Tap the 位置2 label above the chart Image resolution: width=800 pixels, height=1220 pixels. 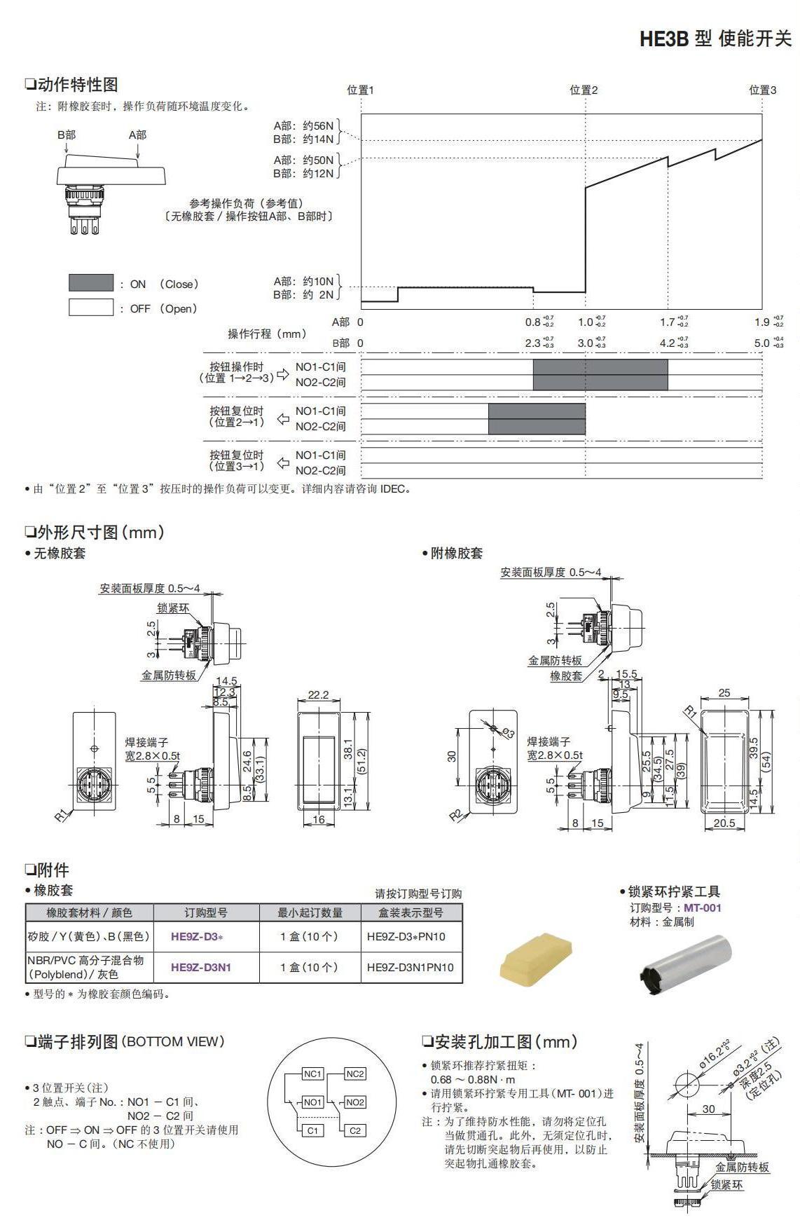click(584, 90)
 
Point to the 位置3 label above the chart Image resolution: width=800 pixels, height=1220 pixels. click(762, 90)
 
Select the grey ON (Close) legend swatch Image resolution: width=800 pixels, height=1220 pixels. click(90, 283)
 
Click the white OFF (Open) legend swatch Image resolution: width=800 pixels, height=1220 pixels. click(90, 308)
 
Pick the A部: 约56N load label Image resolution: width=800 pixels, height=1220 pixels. click(303, 126)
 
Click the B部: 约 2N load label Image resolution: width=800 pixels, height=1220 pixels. click(303, 295)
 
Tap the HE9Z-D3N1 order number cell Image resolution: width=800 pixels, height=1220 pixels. click(200, 967)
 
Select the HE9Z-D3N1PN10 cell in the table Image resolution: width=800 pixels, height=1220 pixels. click(411, 967)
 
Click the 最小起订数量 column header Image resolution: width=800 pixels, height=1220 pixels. click(310, 912)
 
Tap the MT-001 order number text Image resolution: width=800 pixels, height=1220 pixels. click(702, 907)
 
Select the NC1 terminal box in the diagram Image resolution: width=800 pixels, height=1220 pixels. click(312, 1074)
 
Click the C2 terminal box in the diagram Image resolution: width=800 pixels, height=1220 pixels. click(355, 1130)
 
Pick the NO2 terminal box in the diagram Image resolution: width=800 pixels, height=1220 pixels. click(355, 1102)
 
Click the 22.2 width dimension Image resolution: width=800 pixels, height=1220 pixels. click(318, 694)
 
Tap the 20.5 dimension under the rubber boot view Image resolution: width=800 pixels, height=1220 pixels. click(724, 823)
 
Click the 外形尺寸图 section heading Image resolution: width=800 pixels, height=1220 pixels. click(95, 533)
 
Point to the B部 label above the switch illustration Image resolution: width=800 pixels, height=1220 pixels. click(67, 135)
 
